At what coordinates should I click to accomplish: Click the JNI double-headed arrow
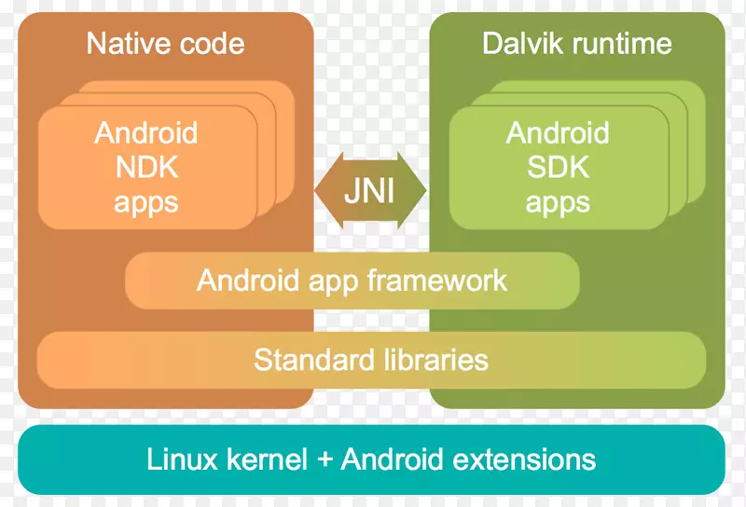370,191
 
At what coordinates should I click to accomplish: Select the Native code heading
165,44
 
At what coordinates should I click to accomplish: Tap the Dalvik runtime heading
576,44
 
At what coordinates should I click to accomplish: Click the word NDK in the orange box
145,168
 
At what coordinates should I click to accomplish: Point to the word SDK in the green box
558,168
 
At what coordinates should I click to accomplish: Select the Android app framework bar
352,280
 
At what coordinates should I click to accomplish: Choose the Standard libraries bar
371,359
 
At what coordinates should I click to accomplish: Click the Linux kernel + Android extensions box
371,459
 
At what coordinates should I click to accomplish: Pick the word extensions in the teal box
525,459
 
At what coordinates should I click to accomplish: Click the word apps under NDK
145,202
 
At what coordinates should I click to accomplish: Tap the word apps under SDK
558,202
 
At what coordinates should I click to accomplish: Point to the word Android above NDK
145,132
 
